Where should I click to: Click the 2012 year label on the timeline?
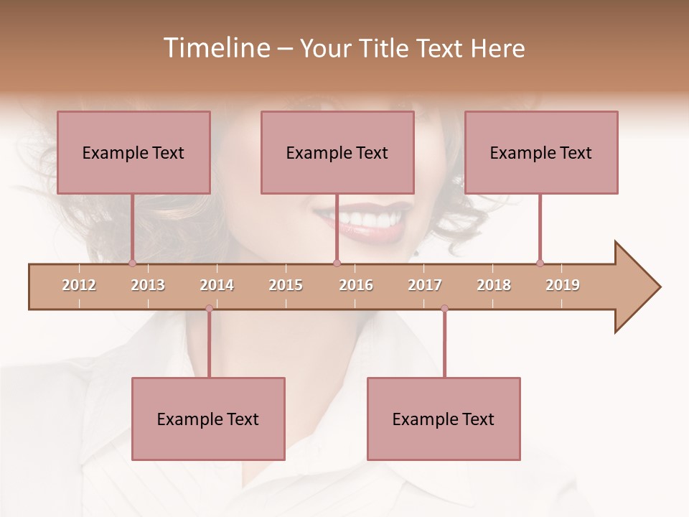coord(79,285)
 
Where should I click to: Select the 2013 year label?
coord(148,285)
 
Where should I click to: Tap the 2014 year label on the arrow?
coord(217,285)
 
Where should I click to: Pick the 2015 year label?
coord(286,285)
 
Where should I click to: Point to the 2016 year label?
coord(356,285)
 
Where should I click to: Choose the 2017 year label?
coord(425,285)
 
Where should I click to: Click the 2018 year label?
coord(494,285)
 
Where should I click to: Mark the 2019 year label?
coord(563,285)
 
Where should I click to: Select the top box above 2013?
coord(133,152)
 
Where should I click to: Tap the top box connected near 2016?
coord(337,152)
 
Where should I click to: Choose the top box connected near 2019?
coord(541,152)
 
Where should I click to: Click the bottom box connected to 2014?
coord(208,419)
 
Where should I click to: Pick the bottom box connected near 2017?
coord(444,419)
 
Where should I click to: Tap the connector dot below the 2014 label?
coord(209,308)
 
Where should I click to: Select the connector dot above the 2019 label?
coord(540,263)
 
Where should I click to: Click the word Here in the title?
coord(497,48)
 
